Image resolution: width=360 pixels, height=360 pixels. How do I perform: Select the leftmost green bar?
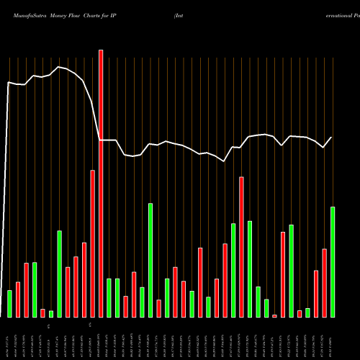(9, 303)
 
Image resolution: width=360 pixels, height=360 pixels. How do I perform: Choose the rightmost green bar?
(333, 262)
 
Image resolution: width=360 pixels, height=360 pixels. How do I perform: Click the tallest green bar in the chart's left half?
(150, 260)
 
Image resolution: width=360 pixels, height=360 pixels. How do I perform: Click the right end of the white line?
(332, 137)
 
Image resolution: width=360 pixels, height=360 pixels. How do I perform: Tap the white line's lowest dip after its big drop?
(225, 161)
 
